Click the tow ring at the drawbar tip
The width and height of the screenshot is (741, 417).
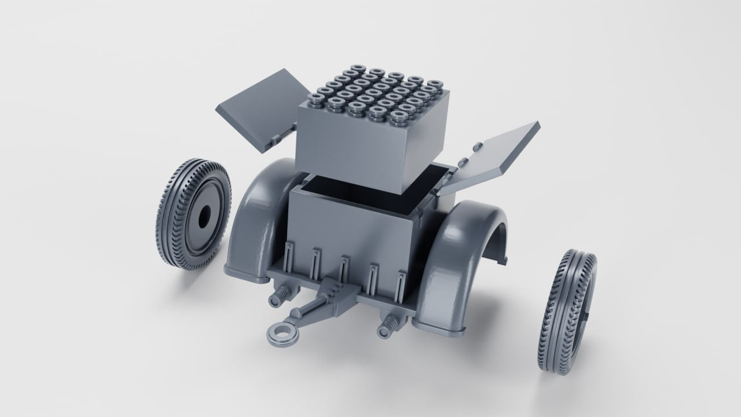281,334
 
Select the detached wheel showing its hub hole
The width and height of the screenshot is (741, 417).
194,215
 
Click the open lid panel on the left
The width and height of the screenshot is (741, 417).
263,107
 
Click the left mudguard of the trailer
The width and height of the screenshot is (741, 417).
255,220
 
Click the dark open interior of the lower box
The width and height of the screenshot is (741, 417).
370,200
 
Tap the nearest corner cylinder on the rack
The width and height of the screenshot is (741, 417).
397,118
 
